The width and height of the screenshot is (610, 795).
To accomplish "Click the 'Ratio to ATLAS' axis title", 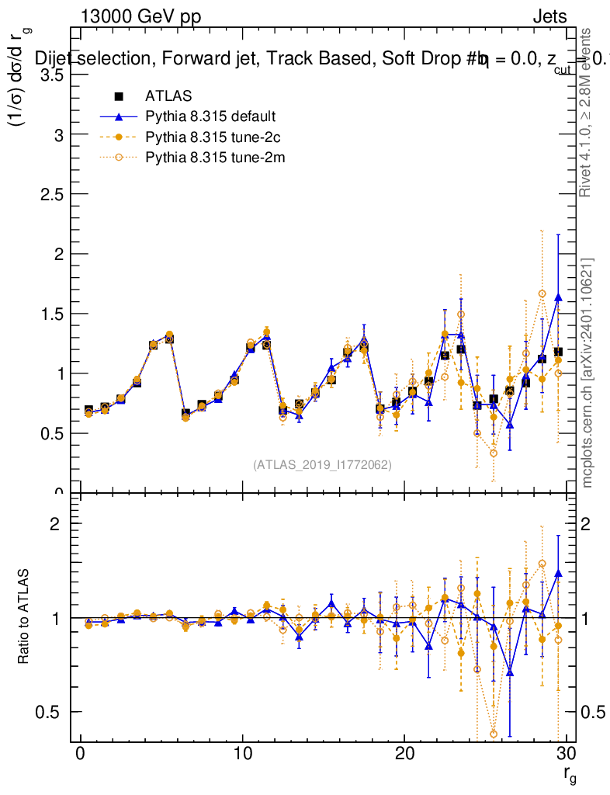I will point(25,616).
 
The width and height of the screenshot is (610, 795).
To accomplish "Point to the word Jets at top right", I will point(549,17).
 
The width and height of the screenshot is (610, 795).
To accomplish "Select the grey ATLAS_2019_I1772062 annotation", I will point(322,464).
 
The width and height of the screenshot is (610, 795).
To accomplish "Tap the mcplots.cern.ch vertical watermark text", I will point(587,373).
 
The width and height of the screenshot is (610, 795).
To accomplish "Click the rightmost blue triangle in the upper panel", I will point(558,297).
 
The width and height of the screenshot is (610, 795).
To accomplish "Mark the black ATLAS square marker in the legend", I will point(119,96).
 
